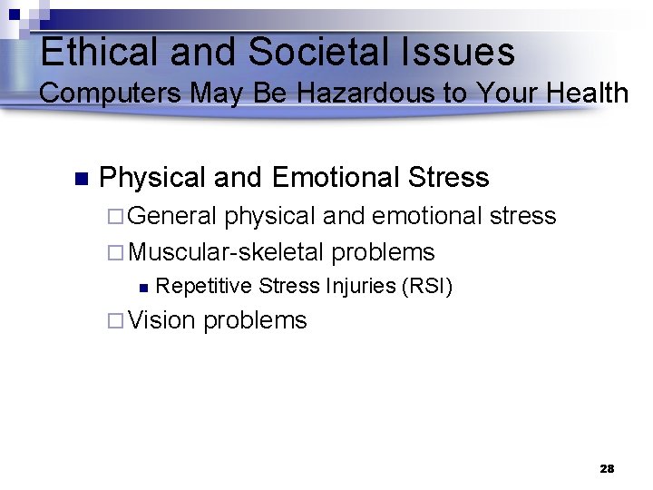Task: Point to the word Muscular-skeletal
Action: click(227, 252)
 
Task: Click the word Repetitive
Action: click(203, 288)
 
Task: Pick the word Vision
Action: click(162, 320)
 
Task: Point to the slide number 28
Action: click(607, 469)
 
